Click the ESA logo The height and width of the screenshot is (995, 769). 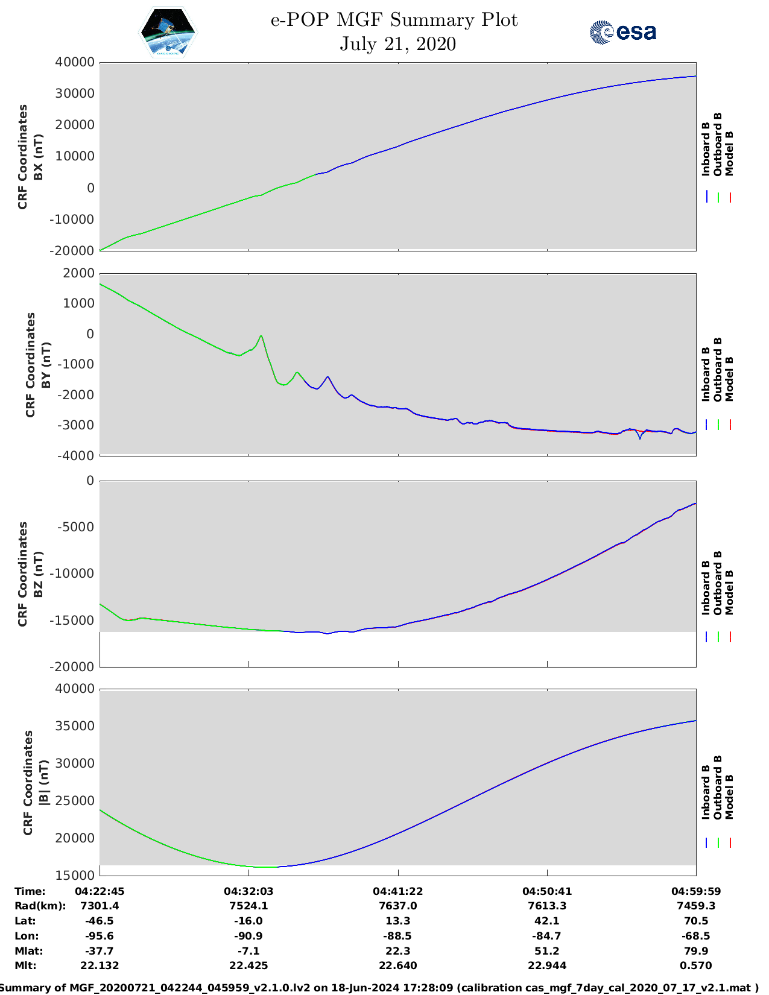[622, 32]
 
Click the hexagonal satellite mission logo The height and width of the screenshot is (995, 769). [168, 33]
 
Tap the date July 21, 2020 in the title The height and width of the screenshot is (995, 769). [397, 44]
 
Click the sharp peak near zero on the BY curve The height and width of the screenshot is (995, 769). [261, 336]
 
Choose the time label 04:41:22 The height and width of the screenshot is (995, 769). [397, 891]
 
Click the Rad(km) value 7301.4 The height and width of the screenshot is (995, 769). [100, 906]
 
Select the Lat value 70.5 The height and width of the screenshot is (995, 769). [696, 921]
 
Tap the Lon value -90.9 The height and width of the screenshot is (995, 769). [248, 936]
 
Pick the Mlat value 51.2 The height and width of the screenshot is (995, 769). [547, 951]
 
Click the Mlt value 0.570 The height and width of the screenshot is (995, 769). [696, 965]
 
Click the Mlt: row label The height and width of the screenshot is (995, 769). [25, 965]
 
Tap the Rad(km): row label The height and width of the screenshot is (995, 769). [40, 906]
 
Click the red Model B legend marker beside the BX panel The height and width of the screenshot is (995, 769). [730, 197]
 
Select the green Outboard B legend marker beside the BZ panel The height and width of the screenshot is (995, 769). [718, 636]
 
